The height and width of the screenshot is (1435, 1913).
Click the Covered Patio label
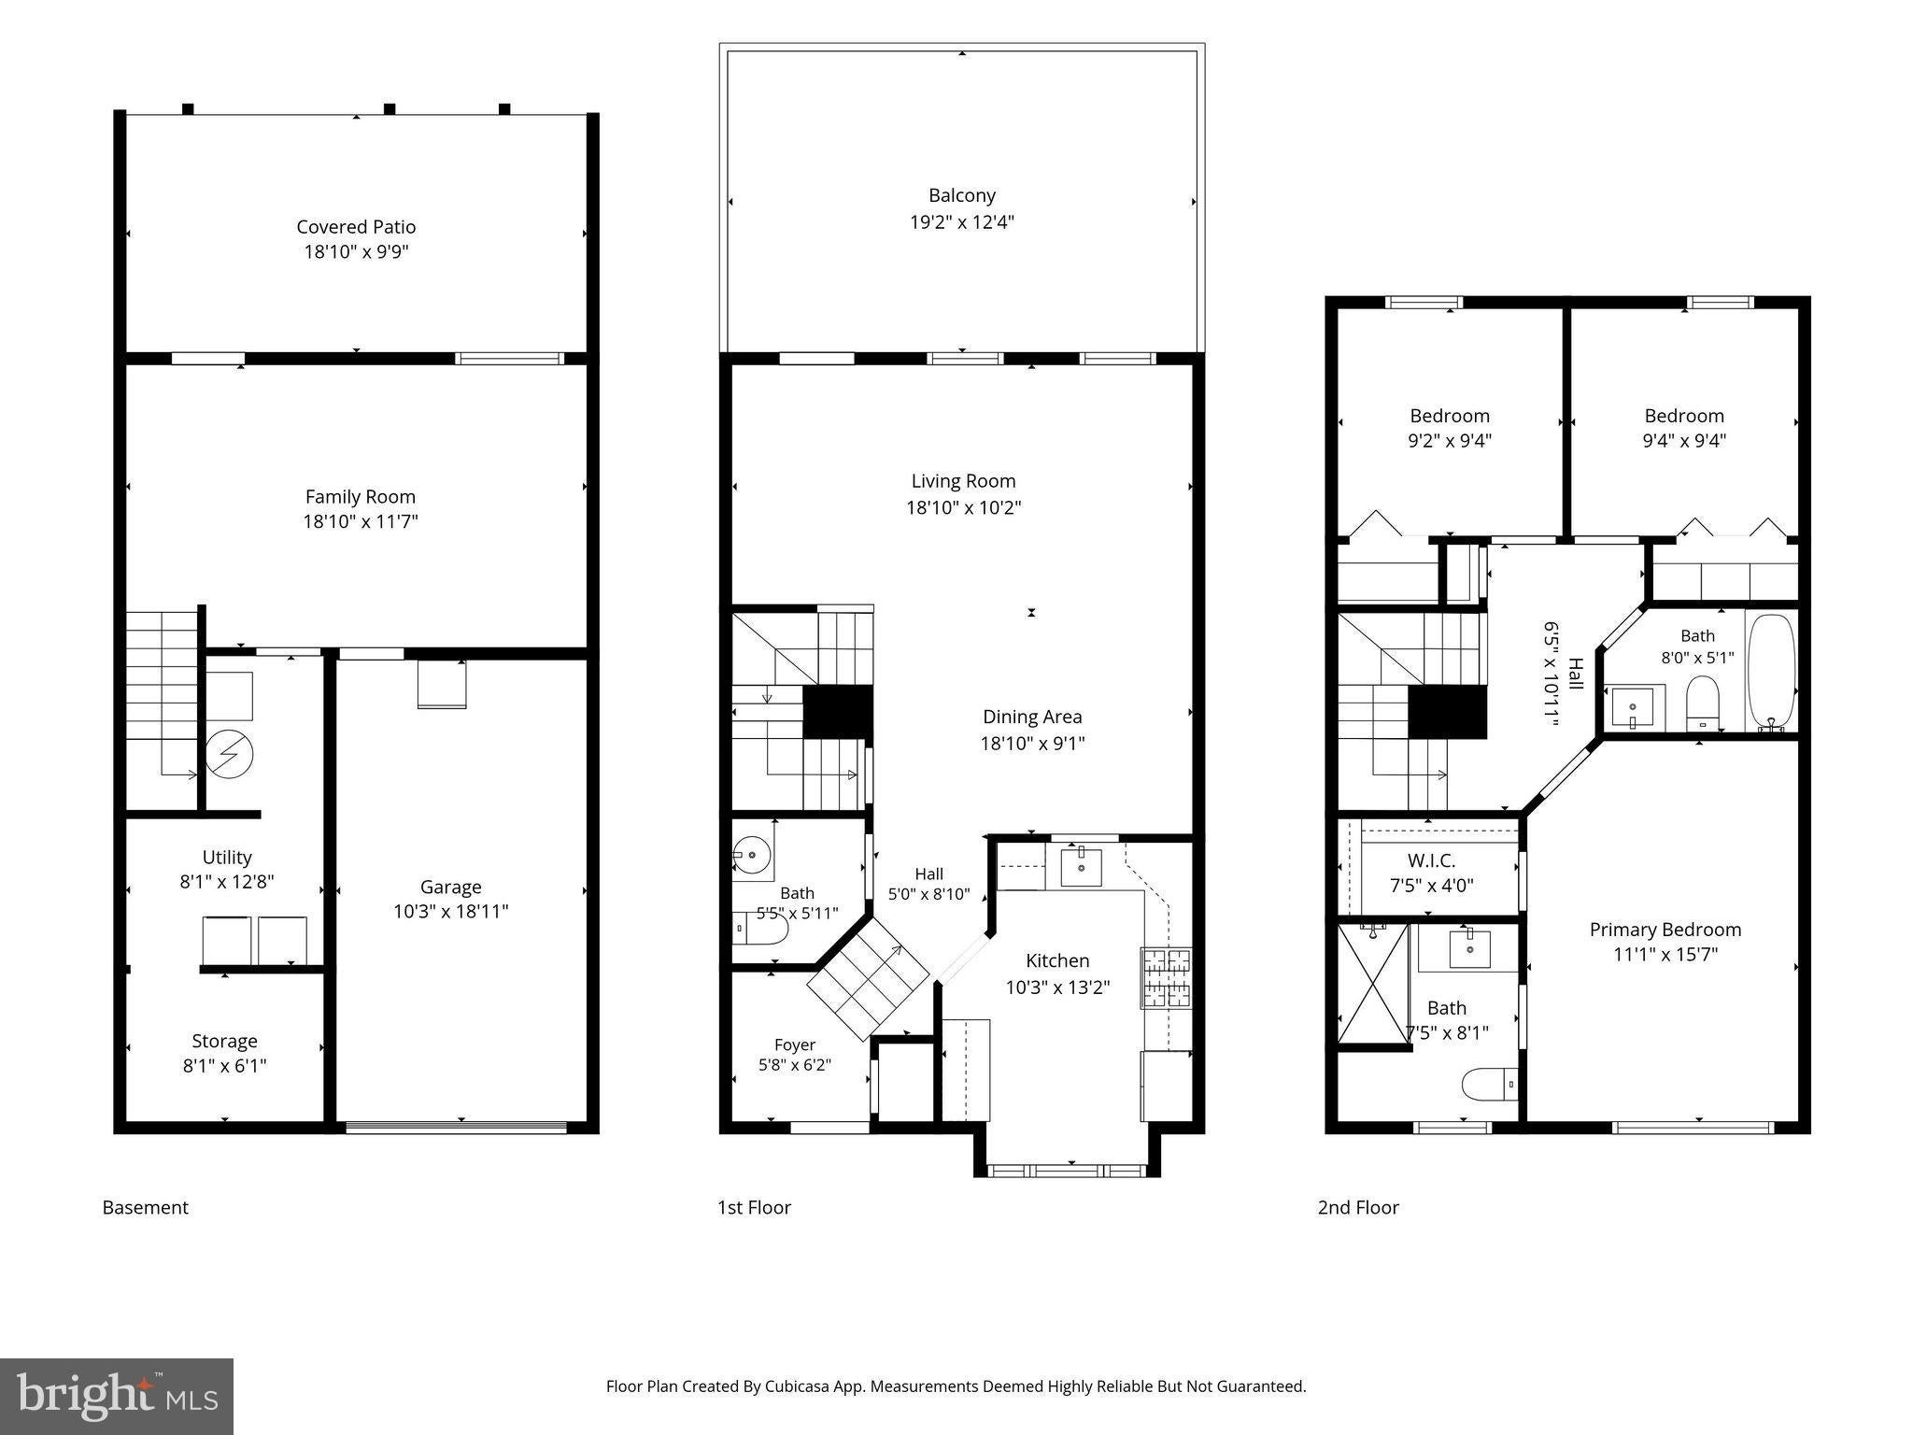click(356, 227)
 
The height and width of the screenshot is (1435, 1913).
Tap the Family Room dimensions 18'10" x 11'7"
click(360, 521)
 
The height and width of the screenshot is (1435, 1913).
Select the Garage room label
click(450, 888)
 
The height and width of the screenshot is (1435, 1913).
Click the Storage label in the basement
click(224, 1041)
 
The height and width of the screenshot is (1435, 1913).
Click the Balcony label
click(962, 195)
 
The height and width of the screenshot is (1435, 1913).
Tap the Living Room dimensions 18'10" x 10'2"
click(963, 507)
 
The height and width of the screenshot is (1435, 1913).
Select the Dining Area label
click(1032, 717)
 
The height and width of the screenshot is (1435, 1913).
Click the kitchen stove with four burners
click(1166, 978)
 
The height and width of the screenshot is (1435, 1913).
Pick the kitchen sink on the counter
click(1081, 867)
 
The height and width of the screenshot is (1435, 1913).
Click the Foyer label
click(795, 1044)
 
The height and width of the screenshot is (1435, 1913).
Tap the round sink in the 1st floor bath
click(751, 854)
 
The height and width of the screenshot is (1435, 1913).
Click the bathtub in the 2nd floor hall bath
click(1770, 671)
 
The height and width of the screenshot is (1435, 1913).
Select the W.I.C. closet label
click(1431, 860)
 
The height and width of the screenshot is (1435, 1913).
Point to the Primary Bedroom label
click(1665, 930)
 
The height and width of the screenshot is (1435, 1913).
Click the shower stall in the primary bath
click(1373, 984)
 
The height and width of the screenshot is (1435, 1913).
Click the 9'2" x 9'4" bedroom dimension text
click(1450, 440)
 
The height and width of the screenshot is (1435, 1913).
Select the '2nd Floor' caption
click(1358, 1207)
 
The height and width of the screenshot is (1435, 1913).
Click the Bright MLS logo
click(117, 1396)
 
